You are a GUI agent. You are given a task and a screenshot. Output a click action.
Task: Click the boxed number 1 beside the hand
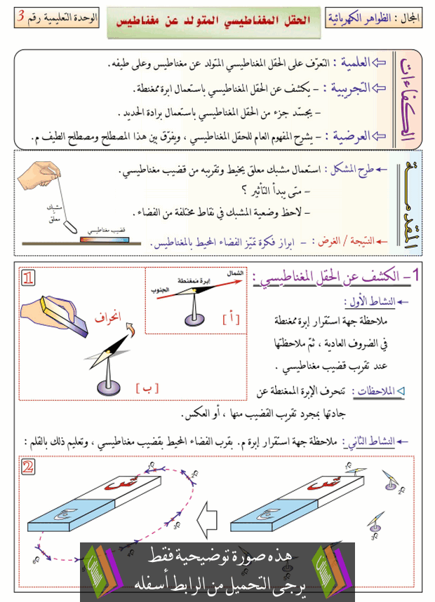[29, 279]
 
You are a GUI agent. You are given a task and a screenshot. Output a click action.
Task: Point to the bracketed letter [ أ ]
[232, 319]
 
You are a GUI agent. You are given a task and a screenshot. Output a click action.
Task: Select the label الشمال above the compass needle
[235, 272]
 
